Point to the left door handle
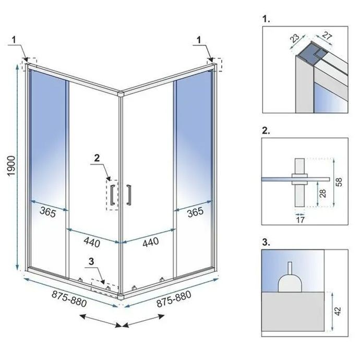tap(111, 193)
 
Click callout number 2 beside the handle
tap(97, 157)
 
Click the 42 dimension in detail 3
tap(338, 310)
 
